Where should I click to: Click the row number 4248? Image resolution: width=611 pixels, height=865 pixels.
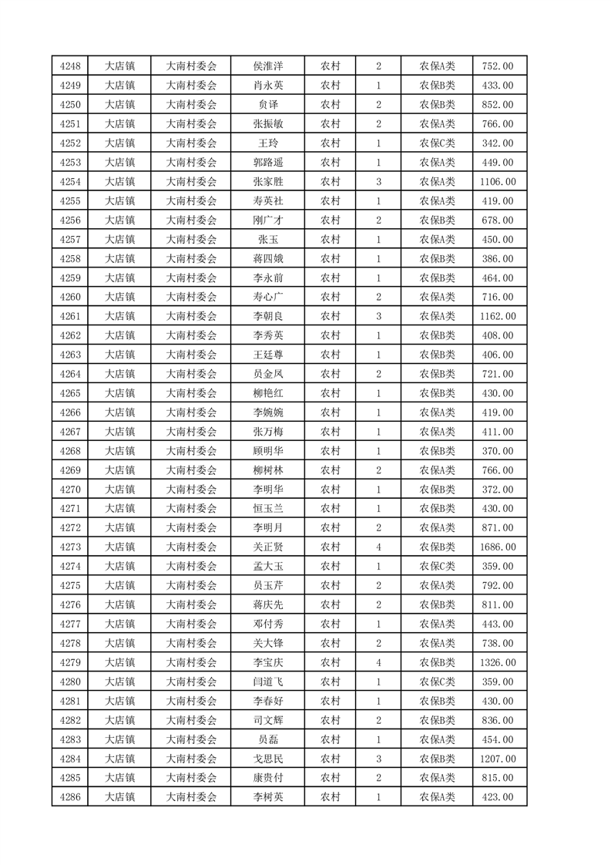(69, 66)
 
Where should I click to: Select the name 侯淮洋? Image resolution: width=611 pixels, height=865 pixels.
(267, 66)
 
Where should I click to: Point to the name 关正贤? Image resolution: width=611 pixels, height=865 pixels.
(267, 547)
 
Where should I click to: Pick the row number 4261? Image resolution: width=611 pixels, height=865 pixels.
(69, 316)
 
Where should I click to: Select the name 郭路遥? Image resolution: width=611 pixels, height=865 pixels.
(267, 163)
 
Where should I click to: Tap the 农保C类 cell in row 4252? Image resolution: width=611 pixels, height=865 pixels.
(437, 143)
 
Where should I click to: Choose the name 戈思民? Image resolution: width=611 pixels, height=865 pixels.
(267, 759)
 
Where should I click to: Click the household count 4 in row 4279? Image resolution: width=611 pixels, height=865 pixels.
(378, 662)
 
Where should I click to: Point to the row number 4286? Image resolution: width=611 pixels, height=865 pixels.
(69, 797)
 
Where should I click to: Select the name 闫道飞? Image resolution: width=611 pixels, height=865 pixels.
(267, 682)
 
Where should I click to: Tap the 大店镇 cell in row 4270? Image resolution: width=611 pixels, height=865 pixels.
(119, 490)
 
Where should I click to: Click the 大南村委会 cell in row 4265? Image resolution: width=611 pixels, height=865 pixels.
(192, 393)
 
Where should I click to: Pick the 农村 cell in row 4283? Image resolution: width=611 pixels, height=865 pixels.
(330, 739)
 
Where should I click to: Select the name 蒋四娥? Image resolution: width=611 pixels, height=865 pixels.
(267, 259)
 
